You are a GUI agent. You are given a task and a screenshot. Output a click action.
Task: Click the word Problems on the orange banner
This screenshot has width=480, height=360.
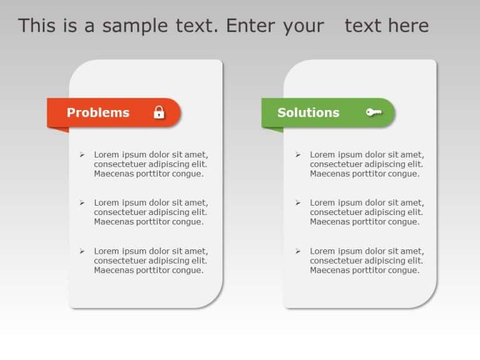(98, 112)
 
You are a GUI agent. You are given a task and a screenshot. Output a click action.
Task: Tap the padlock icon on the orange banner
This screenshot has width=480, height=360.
(159, 112)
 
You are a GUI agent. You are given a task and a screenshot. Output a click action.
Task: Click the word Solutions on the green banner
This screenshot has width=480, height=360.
(308, 112)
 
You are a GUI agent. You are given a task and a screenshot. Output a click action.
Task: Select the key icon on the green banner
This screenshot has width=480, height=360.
(374, 112)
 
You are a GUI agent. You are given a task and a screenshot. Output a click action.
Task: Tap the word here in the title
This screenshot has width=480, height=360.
(408, 26)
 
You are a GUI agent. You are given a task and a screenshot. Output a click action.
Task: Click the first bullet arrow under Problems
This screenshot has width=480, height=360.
(82, 154)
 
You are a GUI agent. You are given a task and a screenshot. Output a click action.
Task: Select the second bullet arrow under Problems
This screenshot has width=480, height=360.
(82, 202)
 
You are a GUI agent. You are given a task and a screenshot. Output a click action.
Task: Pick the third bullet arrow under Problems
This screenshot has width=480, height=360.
(82, 251)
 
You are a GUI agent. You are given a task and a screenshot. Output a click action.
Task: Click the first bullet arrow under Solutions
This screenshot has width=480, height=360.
(297, 154)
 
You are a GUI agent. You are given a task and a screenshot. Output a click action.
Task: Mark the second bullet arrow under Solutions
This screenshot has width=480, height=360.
(297, 202)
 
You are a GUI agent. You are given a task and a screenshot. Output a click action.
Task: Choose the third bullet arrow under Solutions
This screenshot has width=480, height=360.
(297, 251)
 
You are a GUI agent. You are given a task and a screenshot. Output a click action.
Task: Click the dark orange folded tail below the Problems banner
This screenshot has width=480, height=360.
(58, 129)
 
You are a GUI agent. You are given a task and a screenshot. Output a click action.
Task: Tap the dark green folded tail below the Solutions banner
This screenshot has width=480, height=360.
(272, 129)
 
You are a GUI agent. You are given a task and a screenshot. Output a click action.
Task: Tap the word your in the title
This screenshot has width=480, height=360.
(303, 26)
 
